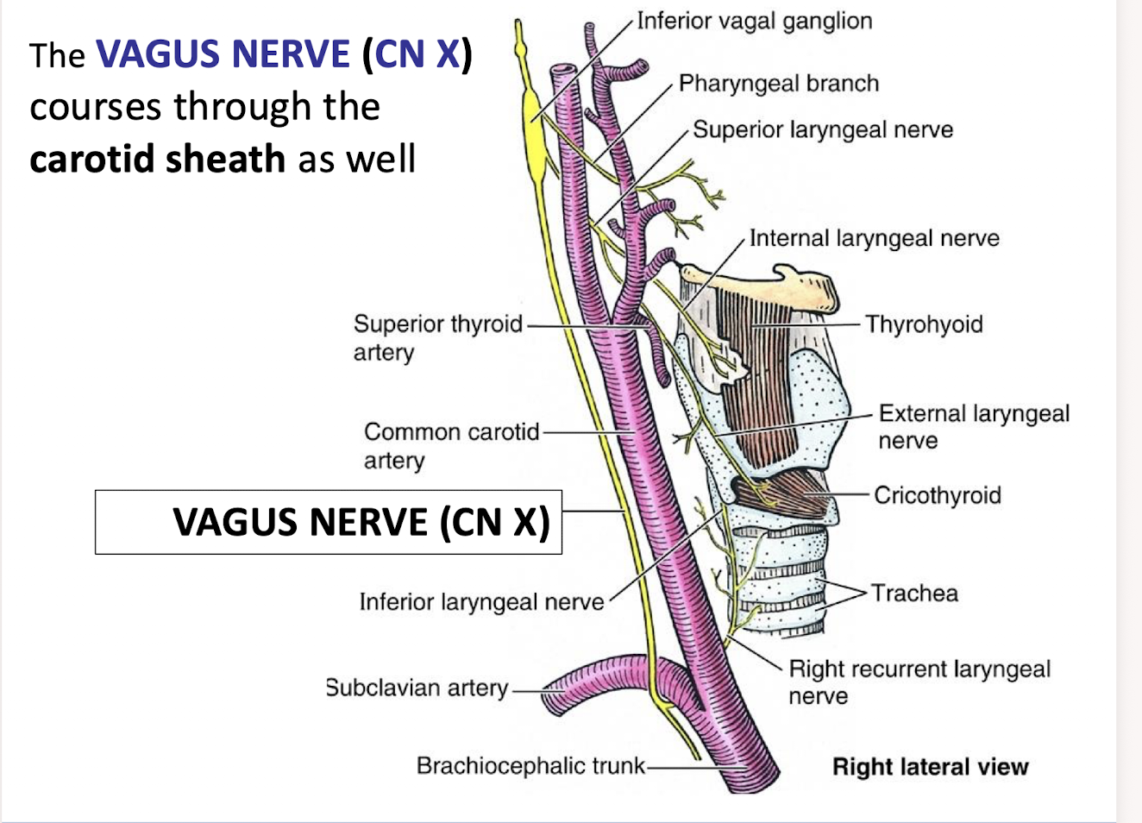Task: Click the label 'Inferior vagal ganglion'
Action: pyautogui.click(x=754, y=21)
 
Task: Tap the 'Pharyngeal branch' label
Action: pyautogui.click(x=778, y=84)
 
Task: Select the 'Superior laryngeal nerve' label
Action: pyautogui.click(x=823, y=130)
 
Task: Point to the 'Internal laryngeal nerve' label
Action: pyautogui.click(x=874, y=238)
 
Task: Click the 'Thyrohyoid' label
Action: pyautogui.click(x=924, y=324)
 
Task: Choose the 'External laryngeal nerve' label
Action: pyautogui.click(x=973, y=426)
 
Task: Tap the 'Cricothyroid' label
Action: pyautogui.click(x=937, y=495)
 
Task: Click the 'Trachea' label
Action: pyautogui.click(x=914, y=594)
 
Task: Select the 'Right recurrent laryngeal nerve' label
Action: pyautogui.click(x=919, y=682)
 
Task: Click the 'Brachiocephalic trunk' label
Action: pyautogui.click(x=530, y=766)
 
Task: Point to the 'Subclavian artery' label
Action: pyautogui.click(x=417, y=688)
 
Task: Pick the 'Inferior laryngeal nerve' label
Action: pyautogui.click(x=481, y=601)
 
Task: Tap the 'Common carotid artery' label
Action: pyautogui.click(x=451, y=445)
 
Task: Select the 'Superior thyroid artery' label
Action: pyautogui.click(x=437, y=337)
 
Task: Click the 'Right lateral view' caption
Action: pyautogui.click(x=930, y=767)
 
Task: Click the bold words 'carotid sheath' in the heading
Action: pyautogui.click(x=157, y=160)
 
